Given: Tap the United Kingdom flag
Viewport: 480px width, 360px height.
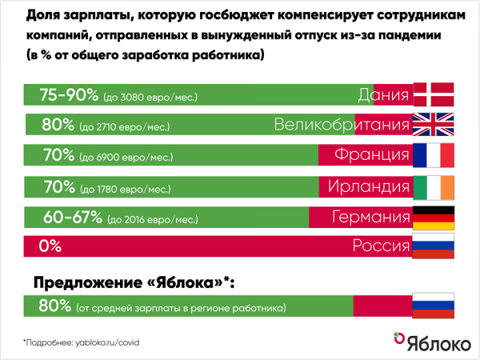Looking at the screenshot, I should click(x=433, y=126).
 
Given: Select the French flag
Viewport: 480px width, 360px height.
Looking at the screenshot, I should click(x=433, y=155).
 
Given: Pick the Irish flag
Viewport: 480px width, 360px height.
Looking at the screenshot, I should click(x=433, y=186).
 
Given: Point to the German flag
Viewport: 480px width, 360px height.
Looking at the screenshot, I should click(x=433, y=217).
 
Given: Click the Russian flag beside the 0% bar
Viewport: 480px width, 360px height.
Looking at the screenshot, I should click(x=433, y=246).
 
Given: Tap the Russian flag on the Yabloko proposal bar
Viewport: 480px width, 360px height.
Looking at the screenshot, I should click(x=433, y=305).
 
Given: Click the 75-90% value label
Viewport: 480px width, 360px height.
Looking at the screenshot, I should click(x=70, y=95).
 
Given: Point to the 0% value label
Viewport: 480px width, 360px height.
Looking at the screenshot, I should click(x=50, y=246).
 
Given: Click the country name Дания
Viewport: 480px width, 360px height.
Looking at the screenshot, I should click(x=383, y=95).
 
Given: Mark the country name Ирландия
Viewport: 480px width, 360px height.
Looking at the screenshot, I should click(x=363, y=186).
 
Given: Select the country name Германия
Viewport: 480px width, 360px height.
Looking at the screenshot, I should click(x=363, y=217).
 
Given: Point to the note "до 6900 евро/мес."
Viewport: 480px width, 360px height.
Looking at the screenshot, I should click(x=125, y=158).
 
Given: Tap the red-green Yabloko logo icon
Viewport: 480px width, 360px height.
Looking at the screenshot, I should click(x=395, y=340).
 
